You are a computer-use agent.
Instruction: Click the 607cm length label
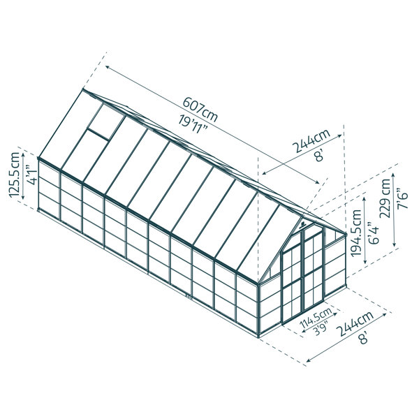[x=200, y=109]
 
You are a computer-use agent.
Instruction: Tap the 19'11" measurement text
[x=193, y=125]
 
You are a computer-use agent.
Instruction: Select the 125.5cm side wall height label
[x=15, y=175]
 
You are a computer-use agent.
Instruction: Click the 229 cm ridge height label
[x=385, y=198]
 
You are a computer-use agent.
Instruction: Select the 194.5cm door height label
[x=356, y=233]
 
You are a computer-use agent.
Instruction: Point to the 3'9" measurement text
[x=322, y=329]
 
